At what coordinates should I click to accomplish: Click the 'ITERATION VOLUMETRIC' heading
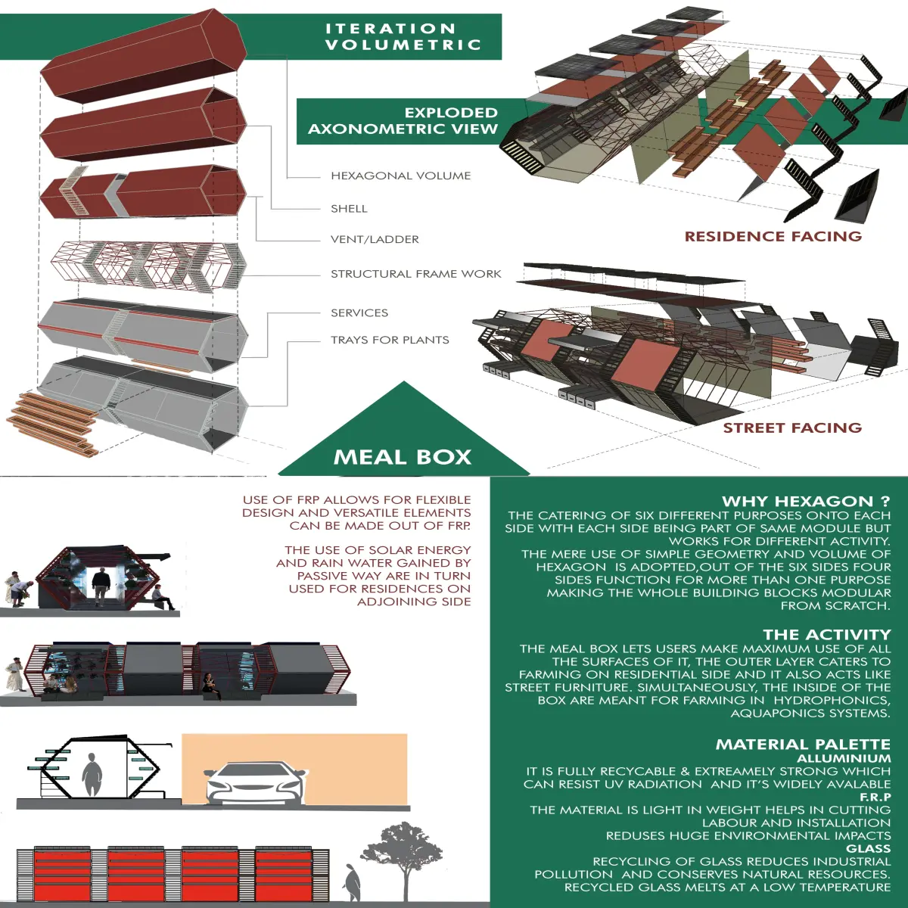pos(403,36)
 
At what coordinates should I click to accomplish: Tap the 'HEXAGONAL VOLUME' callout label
pos(400,176)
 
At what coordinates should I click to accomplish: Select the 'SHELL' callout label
pos(349,209)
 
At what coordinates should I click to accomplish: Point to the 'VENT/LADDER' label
pos(375,239)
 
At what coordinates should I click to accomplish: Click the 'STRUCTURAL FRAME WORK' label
pos(415,274)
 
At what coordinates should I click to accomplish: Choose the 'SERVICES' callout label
pos(359,313)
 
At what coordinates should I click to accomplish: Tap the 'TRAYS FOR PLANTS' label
pos(390,340)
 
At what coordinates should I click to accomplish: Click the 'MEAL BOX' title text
pos(403,457)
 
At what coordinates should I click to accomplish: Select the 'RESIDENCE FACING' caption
pos(773,236)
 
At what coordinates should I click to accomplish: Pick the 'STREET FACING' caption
pos(792,428)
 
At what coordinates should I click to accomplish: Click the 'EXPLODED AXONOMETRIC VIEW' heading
pos(403,120)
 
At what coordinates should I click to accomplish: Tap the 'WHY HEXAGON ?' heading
pos(806,501)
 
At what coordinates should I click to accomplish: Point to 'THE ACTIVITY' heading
pos(827,634)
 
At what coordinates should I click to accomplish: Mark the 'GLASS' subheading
pos(869,849)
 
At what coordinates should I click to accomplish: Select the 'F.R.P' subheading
pos(875,797)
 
